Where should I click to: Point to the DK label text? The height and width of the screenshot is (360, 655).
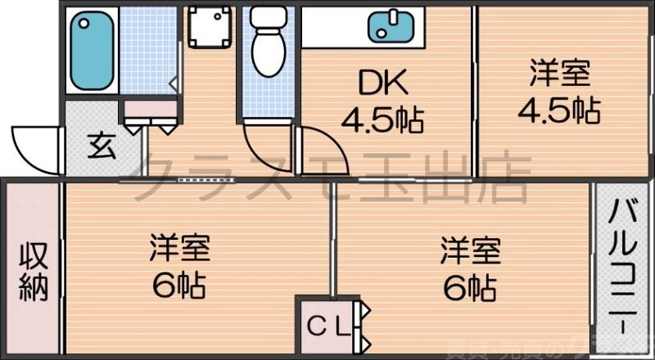380,83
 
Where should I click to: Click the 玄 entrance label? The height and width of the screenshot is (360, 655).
102,147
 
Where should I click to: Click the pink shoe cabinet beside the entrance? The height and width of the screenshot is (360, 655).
150,108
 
